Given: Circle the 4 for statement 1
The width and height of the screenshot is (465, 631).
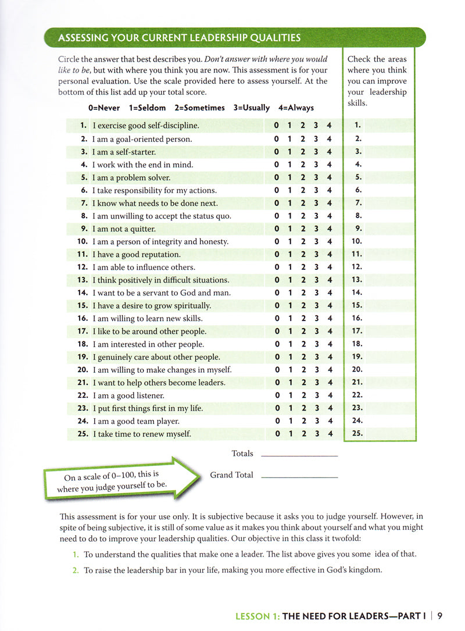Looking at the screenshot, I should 330,126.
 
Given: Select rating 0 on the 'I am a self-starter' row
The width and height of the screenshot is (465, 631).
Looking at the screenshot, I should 277,152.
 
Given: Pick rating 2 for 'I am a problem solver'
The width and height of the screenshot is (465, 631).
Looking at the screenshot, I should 303,177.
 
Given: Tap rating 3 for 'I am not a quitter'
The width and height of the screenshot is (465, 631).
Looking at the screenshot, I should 317,229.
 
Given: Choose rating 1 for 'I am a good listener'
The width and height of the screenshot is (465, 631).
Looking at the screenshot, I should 290,395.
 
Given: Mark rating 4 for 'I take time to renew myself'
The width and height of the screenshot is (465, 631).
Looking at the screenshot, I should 330,434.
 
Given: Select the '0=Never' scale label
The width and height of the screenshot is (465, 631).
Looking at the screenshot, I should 104,108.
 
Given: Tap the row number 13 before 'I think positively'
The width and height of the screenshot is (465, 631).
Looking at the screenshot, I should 81,280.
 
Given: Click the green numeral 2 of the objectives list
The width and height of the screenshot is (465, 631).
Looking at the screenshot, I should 76,571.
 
